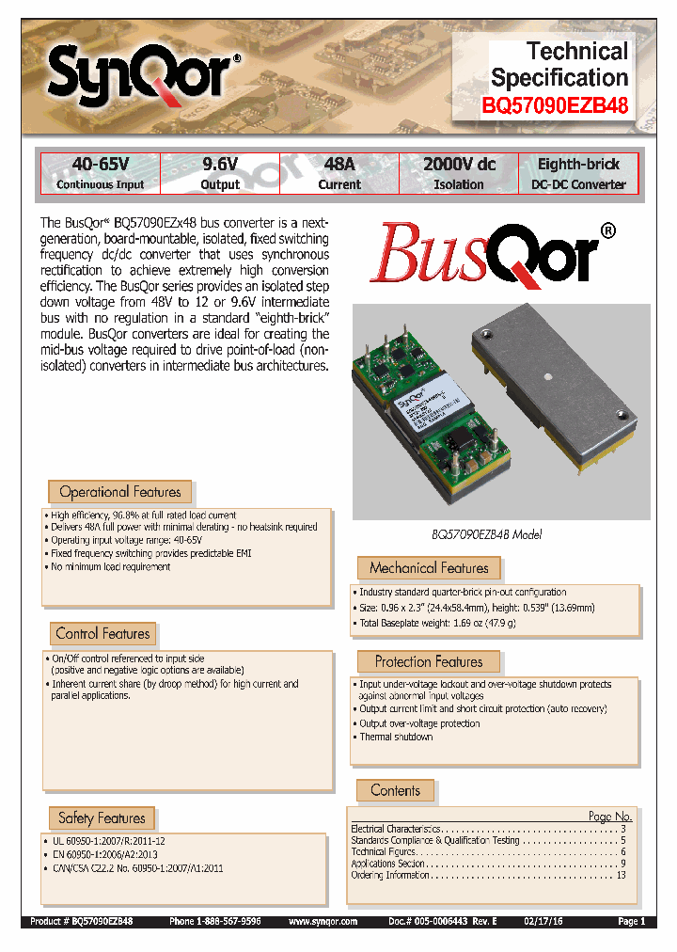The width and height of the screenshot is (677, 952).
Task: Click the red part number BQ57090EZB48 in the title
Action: (x=555, y=106)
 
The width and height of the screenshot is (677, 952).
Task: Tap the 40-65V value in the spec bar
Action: (x=100, y=165)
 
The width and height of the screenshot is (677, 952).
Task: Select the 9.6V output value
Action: (x=221, y=165)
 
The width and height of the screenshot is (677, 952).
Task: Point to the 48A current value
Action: (x=338, y=165)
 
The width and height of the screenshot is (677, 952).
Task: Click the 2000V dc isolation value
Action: (x=458, y=165)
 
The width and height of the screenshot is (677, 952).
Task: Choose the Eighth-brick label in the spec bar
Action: (x=578, y=165)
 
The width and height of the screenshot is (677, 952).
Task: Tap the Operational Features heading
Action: (x=119, y=492)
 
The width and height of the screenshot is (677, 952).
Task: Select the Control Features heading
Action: (x=102, y=634)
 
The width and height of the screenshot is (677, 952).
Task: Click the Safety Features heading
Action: (x=102, y=818)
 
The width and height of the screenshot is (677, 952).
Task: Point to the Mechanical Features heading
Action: (x=429, y=568)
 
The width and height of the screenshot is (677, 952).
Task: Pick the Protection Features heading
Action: (x=428, y=662)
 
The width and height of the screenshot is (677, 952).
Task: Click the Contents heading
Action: (x=395, y=791)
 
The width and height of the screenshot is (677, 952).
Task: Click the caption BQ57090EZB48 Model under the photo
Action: (x=486, y=534)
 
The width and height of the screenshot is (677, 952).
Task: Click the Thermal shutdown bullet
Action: (x=396, y=737)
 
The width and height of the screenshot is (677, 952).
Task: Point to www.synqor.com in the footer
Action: (x=323, y=923)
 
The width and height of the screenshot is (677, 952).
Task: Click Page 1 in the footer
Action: (x=630, y=923)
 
